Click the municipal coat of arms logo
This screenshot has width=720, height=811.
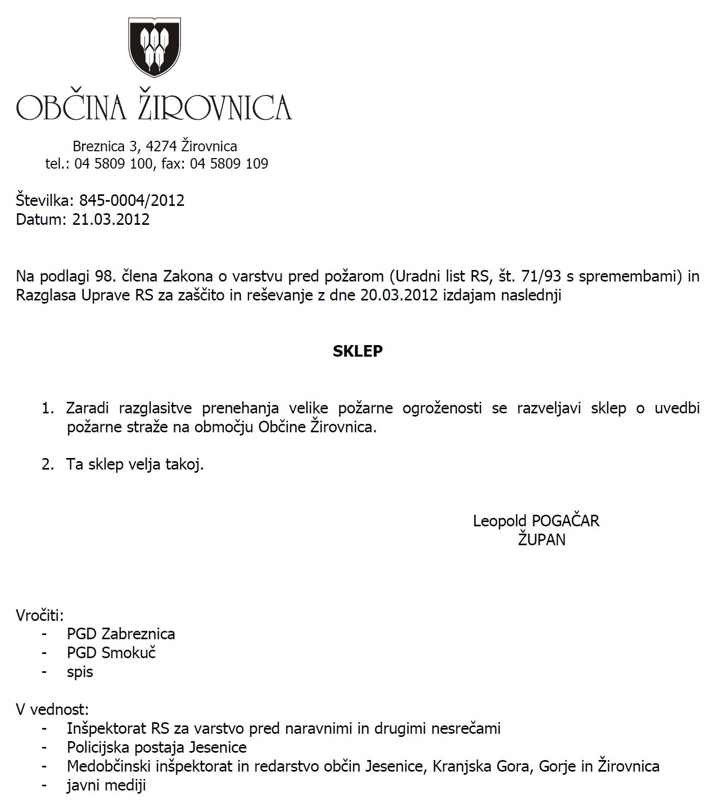coord(154,47)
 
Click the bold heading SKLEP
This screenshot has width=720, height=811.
coord(358,351)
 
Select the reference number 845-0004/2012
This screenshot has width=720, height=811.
coord(132,200)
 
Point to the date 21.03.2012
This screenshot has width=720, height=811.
coord(111,219)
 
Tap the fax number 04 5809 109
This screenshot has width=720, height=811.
coord(229,163)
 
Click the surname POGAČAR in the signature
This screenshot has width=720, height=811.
coord(566,521)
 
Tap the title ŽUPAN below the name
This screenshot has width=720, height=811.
coord(541,539)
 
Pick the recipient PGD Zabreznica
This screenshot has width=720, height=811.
coord(121,634)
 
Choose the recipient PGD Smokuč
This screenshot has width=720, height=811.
coord(111,653)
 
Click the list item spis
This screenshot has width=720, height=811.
coord(80,672)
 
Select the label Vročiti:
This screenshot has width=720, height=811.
coord(39,615)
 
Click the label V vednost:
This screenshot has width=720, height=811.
coord(53,710)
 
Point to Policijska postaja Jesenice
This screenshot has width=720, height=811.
coord(156,747)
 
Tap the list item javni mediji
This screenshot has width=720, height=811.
coord(106,785)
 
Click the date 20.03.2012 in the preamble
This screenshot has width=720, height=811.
coord(399,295)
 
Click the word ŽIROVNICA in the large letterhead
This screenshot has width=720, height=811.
coord(214,107)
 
